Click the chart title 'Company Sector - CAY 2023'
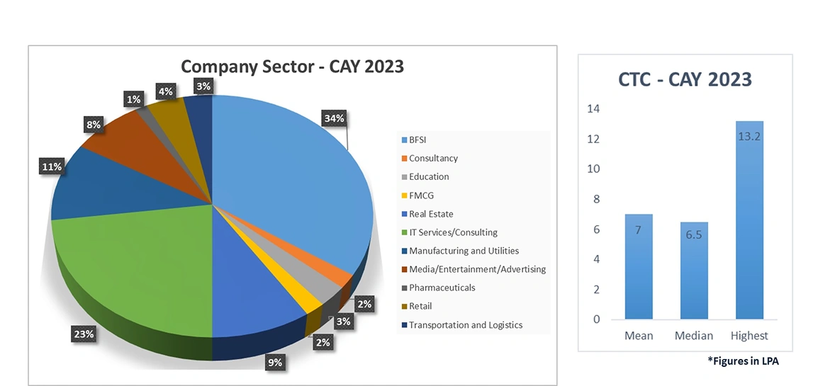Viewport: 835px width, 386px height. click(x=292, y=67)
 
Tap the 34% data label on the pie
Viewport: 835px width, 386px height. click(x=334, y=118)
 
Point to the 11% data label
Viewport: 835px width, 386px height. click(x=51, y=167)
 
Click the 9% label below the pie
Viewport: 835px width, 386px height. click(x=274, y=362)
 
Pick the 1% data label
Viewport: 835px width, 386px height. click(x=133, y=100)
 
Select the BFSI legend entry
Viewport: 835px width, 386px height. click(x=418, y=140)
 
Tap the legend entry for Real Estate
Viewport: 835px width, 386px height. click(x=430, y=214)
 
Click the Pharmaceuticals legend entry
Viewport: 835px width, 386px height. click(x=441, y=288)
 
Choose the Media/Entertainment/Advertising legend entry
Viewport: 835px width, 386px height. click(x=476, y=269)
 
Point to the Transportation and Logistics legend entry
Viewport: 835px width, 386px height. click(x=465, y=325)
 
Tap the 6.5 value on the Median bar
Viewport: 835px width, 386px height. click(x=693, y=233)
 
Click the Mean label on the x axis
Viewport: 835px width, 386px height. click(x=638, y=336)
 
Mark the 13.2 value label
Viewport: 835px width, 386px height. click(x=749, y=136)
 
